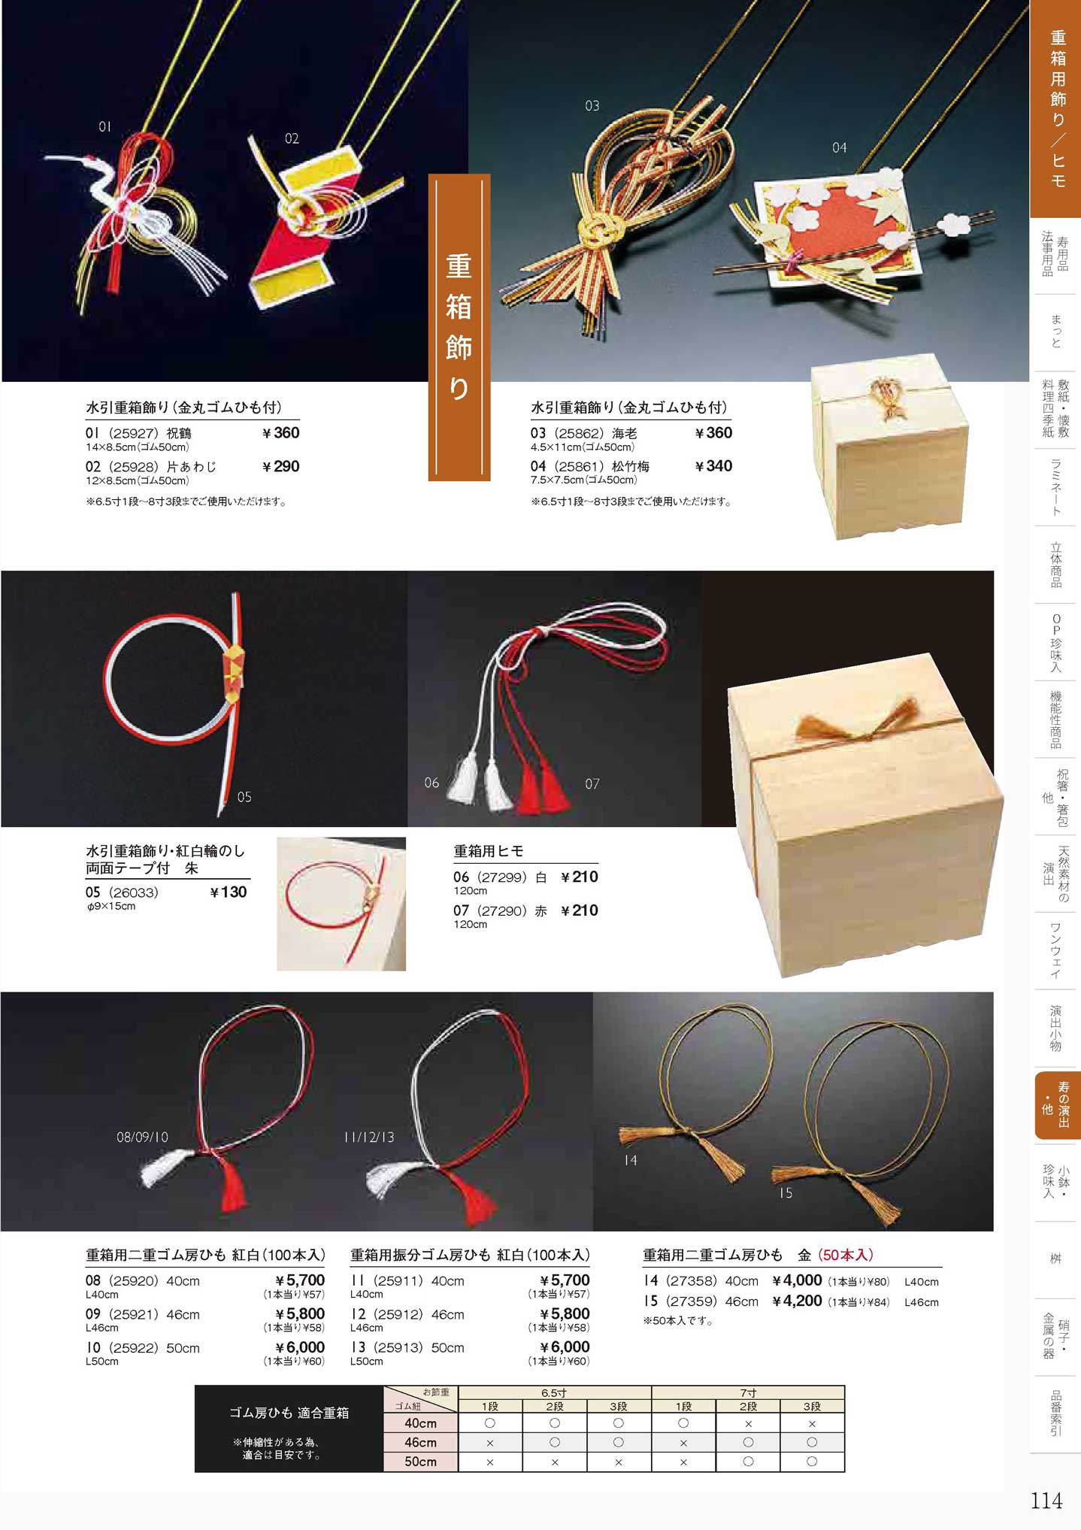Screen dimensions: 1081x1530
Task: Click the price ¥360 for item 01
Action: [x=281, y=433]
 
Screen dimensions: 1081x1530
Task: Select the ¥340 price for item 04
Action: [x=713, y=466]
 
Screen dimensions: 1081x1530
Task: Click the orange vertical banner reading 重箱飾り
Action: [x=459, y=327]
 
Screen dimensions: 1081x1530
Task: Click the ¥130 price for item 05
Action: [x=228, y=892]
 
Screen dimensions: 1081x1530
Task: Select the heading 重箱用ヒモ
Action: [x=489, y=851]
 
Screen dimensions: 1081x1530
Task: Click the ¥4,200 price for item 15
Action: [x=797, y=1301]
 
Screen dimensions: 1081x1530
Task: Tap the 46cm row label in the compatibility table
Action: [x=420, y=1442]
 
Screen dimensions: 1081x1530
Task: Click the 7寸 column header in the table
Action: [x=747, y=1393]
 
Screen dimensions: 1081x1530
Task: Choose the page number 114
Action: [x=1046, y=1501]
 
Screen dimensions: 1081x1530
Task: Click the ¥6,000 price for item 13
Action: [x=565, y=1347]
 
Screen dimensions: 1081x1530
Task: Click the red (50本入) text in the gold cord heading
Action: [x=846, y=1255]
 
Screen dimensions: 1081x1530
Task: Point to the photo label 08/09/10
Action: [x=143, y=1137]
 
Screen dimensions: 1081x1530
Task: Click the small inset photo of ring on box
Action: [x=341, y=904]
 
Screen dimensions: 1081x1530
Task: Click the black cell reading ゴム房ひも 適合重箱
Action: [x=289, y=1429]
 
